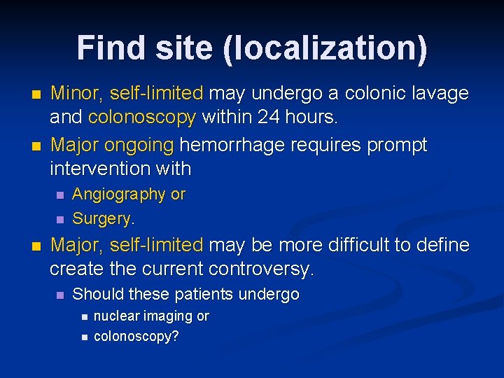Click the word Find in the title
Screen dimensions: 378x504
[107, 48]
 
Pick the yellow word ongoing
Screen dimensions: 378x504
[140, 145]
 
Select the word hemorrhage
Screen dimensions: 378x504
[231, 145]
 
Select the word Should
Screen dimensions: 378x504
[96, 295]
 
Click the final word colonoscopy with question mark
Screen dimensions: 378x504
[136, 337]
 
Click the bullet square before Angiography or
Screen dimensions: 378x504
[59, 195]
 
